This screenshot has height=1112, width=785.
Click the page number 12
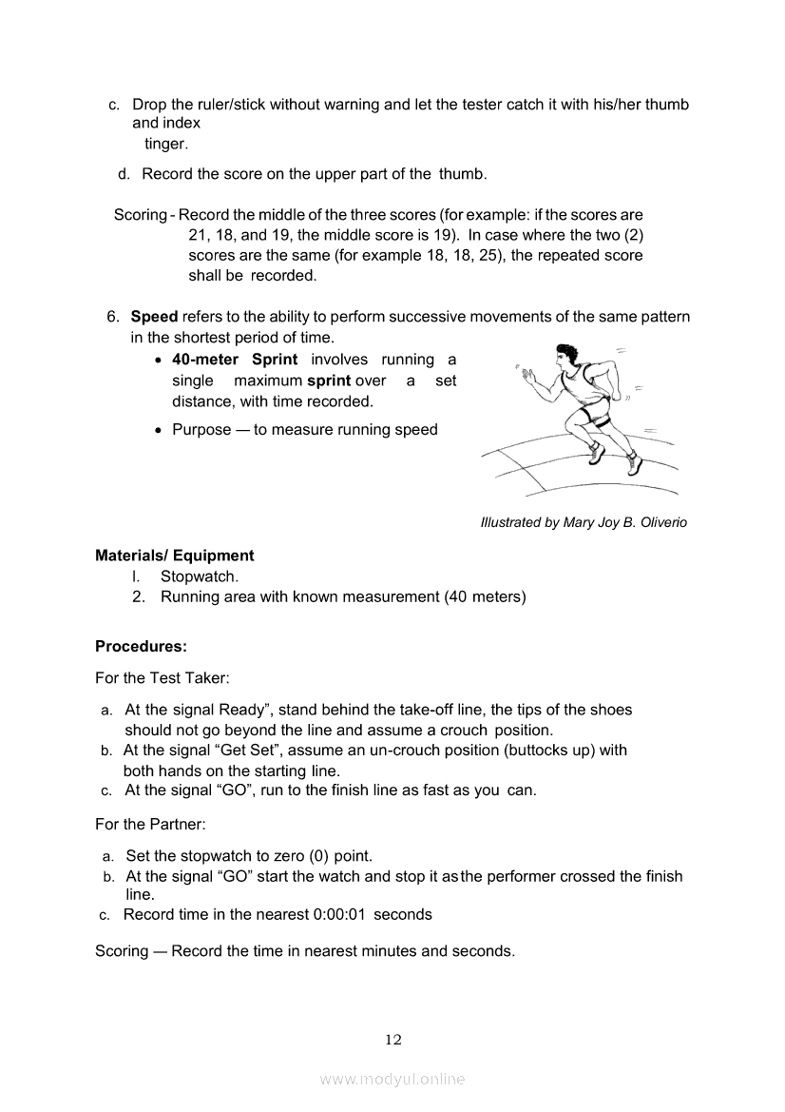(393, 1040)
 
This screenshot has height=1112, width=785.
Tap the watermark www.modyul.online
(392, 1080)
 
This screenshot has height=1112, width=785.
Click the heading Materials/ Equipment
(174, 556)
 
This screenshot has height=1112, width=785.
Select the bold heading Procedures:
(141, 647)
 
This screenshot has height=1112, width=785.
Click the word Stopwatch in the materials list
(199, 576)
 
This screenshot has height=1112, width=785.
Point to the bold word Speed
(154, 317)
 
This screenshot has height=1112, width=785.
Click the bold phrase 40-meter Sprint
(235, 360)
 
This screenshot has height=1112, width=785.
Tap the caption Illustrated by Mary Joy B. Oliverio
(584, 522)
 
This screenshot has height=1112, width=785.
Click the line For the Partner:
(150, 824)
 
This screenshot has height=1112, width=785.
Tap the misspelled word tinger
(166, 144)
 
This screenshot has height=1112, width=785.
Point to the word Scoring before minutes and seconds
(122, 951)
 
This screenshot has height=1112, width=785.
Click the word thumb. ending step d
(463, 174)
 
